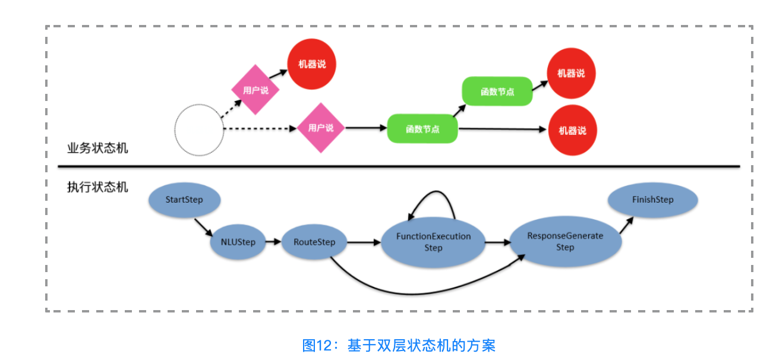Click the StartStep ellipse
(184, 200)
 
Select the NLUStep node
(238, 242)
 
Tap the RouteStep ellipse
(314, 242)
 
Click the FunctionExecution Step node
(433, 242)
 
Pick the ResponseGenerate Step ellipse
(565, 241)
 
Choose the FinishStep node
(652, 200)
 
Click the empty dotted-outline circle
(198, 130)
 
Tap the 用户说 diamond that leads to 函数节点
(321, 128)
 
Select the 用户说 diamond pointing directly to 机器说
(255, 90)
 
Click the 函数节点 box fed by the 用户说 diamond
(422, 129)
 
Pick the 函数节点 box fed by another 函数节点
(497, 91)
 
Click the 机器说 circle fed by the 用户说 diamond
(311, 64)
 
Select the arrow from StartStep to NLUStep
(203, 226)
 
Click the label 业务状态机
(97, 149)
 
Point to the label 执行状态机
(97, 187)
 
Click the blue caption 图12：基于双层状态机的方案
(399, 345)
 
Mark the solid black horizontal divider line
(398, 166)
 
